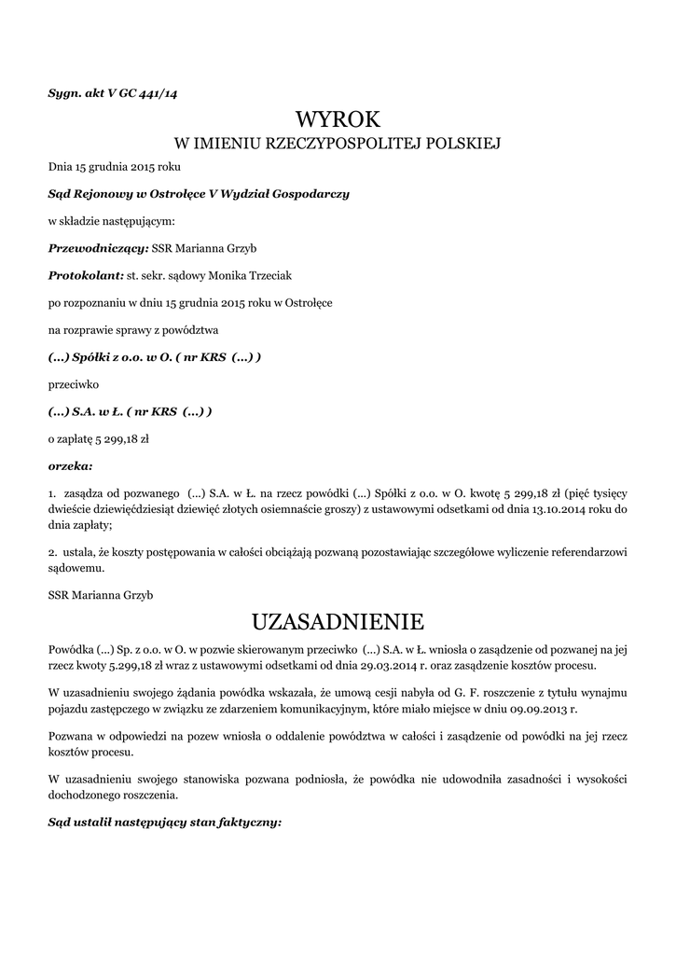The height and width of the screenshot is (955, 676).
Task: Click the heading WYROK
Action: (338, 119)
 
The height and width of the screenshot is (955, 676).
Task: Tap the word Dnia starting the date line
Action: (61, 168)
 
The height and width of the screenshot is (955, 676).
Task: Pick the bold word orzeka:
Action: (70, 464)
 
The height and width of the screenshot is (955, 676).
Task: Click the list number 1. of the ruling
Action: (52, 492)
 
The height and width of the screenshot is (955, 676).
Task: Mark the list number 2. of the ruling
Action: (52, 552)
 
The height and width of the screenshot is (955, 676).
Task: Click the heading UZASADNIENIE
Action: (338, 621)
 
